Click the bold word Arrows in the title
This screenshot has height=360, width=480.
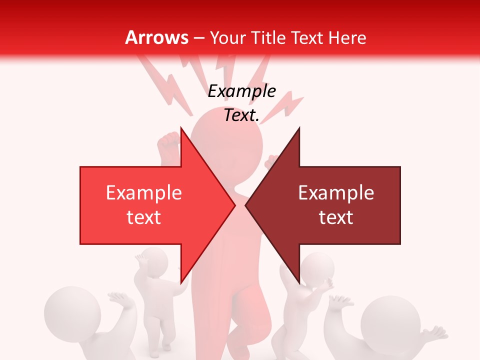point(157,37)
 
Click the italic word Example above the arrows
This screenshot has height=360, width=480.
point(241,91)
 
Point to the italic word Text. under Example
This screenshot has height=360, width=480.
point(241,115)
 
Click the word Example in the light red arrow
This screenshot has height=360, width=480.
point(144,193)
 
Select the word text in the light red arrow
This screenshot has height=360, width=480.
point(144,217)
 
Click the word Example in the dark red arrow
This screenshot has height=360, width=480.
point(336,193)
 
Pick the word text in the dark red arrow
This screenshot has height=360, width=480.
point(336,217)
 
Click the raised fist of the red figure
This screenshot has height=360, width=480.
point(168,143)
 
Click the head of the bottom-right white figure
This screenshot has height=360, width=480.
point(387,320)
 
